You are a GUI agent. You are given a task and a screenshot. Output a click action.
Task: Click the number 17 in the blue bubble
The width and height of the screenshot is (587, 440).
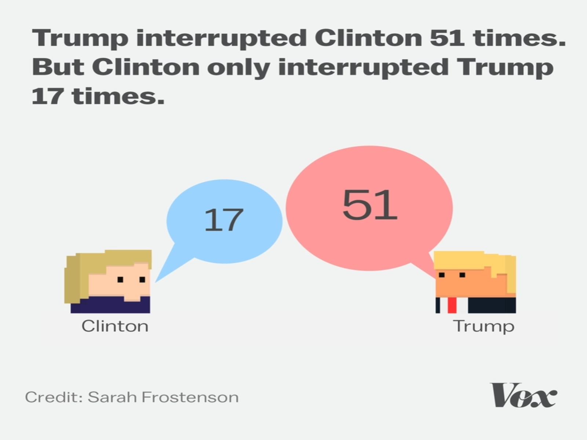coord(223,220)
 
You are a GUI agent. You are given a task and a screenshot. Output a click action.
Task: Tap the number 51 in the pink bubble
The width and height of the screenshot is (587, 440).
coord(369,205)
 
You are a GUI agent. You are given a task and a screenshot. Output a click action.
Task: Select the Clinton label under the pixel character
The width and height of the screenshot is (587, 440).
coord(115,326)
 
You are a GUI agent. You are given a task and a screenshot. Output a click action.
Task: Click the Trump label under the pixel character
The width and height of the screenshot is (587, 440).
coord(484,326)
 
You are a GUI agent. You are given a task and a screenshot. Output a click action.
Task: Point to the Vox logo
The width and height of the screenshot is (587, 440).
coord(523,395)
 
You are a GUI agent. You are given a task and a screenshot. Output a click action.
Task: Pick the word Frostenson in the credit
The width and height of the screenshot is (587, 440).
coord(190,397)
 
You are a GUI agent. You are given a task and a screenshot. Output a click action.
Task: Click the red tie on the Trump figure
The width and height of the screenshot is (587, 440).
coord(452,305)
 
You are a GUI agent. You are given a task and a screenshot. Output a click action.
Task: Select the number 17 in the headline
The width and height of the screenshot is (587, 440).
coord(46,96)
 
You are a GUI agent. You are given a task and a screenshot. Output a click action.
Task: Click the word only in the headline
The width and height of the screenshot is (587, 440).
coord(239,68)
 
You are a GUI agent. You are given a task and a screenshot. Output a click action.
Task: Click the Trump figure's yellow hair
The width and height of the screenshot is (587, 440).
coord(473,260)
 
